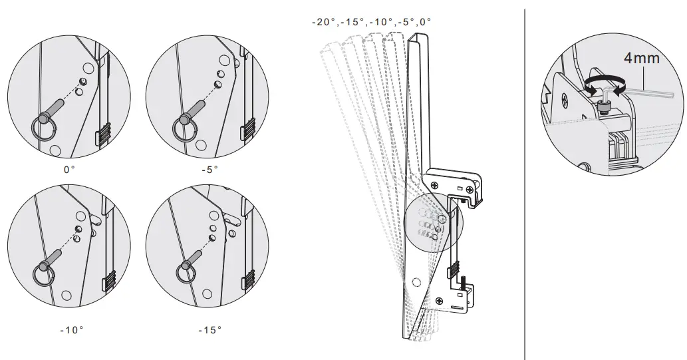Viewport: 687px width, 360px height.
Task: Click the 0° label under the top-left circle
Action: (x=69, y=170)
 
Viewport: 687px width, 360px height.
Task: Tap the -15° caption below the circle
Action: (x=210, y=329)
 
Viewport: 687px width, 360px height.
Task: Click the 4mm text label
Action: (x=641, y=58)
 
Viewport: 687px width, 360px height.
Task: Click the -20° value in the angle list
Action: (x=322, y=22)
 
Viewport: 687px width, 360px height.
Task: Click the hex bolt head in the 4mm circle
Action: (x=604, y=107)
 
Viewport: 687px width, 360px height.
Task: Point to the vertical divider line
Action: (x=525, y=180)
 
